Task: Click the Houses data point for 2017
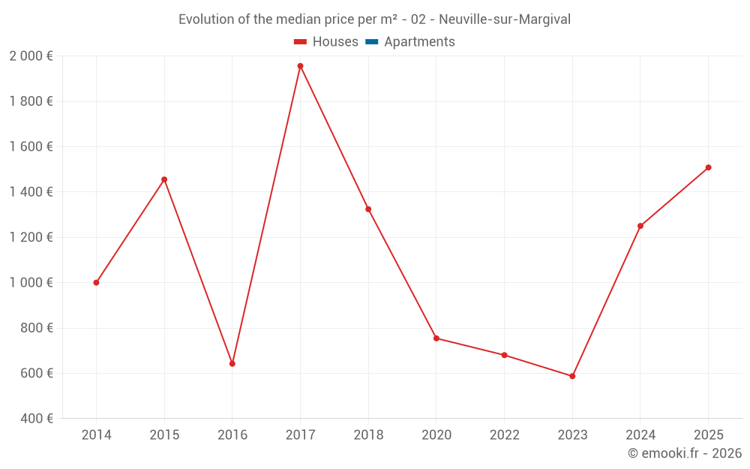pyautogui.click(x=300, y=66)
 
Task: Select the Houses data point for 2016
pyautogui.click(x=232, y=364)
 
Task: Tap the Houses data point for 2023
pyautogui.click(x=572, y=376)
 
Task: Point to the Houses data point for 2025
pyautogui.click(x=708, y=167)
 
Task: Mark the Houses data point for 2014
pyautogui.click(x=96, y=283)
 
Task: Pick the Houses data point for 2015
pyautogui.click(x=164, y=179)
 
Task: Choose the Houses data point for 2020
pyautogui.click(x=436, y=338)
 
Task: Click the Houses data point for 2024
pyautogui.click(x=640, y=226)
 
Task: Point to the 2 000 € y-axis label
pyautogui.click(x=31, y=56)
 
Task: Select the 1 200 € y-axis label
pyautogui.click(x=31, y=237)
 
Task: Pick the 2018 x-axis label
pyautogui.click(x=368, y=435)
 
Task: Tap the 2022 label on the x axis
pyautogui.click(x=504, y=435)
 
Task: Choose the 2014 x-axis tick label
pyautogui.click(x=96, y=435)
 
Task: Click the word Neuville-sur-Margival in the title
pyautogui.click(x=505, y=20)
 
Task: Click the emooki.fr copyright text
pyautogui.click(x=685, y=453)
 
